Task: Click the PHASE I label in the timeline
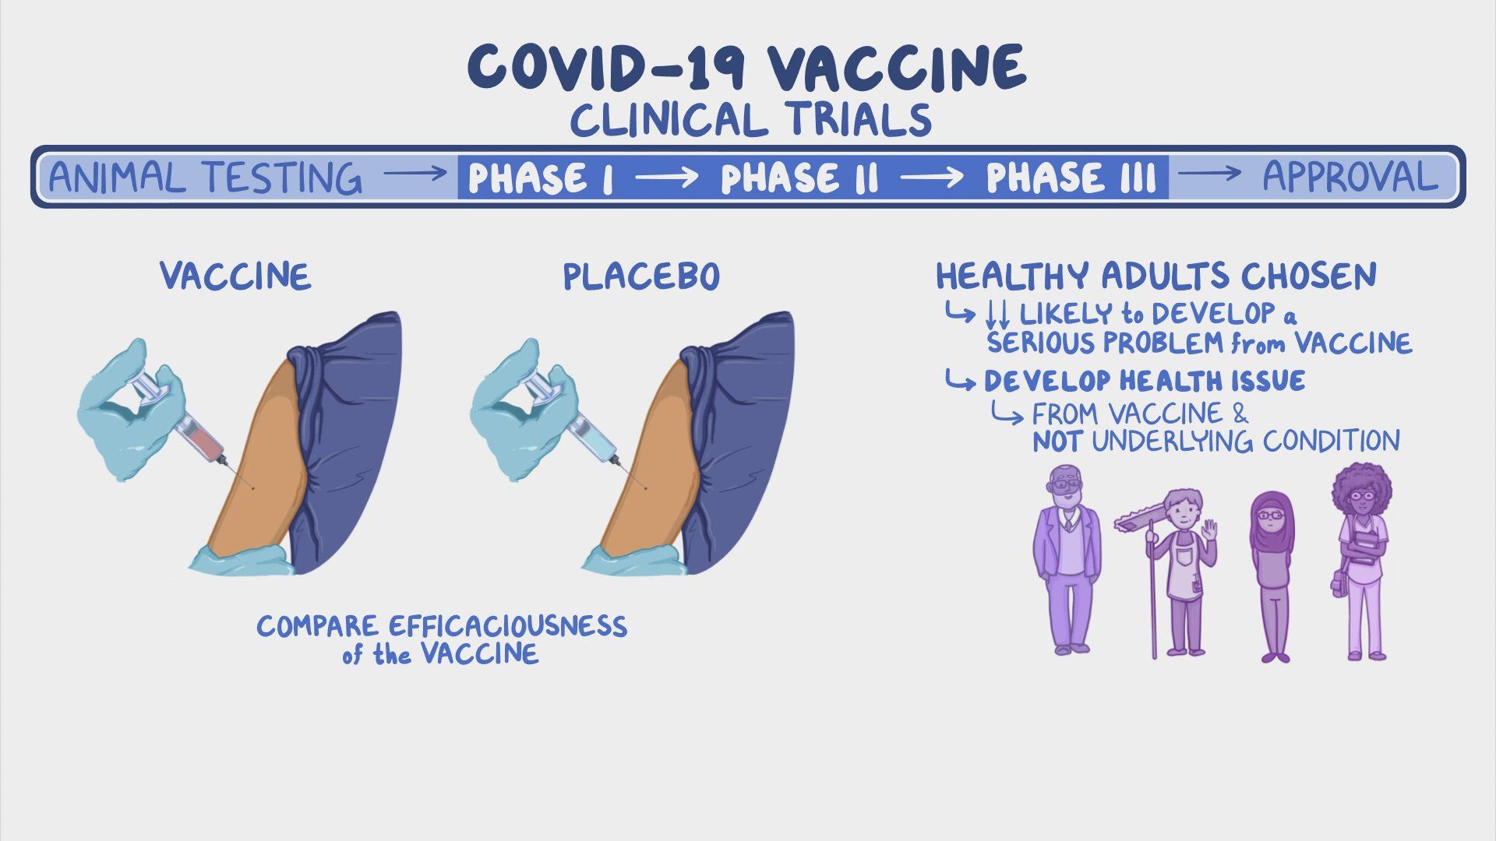pos(541,178)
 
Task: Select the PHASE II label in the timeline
pos(799,178)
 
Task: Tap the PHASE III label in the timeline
pos(1070,178)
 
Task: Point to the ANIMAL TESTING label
pos(205,178)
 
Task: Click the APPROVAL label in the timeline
pos(1350,177)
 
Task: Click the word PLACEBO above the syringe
pos(640,276)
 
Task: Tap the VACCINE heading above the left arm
pos(235,276)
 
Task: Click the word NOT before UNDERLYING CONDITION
pos(1056,442)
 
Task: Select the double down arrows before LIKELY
pos(997,314)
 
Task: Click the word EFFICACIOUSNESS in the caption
pos(506,626)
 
